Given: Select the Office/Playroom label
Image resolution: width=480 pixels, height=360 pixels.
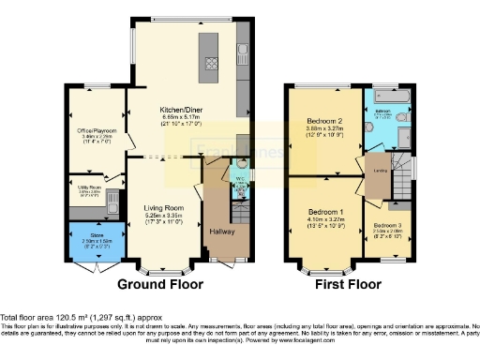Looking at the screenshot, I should tap(97, 130).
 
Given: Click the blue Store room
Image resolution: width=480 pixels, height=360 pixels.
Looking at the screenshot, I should tap(97, 241).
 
